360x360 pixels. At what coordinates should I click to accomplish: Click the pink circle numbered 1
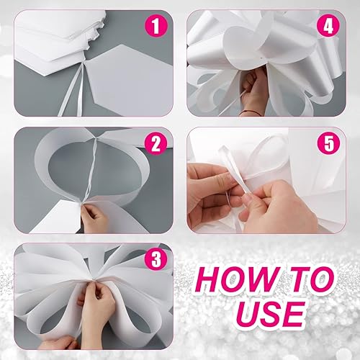click(x=156, y=27)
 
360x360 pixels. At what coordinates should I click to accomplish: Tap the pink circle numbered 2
click(x=156, y=144)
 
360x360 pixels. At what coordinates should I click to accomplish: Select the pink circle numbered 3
click(x=156, y=260)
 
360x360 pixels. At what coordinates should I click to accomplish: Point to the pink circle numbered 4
click(x=328, y=27)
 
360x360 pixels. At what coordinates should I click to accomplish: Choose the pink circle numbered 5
click(x=328, y=144)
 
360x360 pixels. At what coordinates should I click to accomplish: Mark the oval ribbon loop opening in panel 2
click(x=92, y=174)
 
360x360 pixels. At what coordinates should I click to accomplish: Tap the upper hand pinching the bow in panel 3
click(x=96, y=305)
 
